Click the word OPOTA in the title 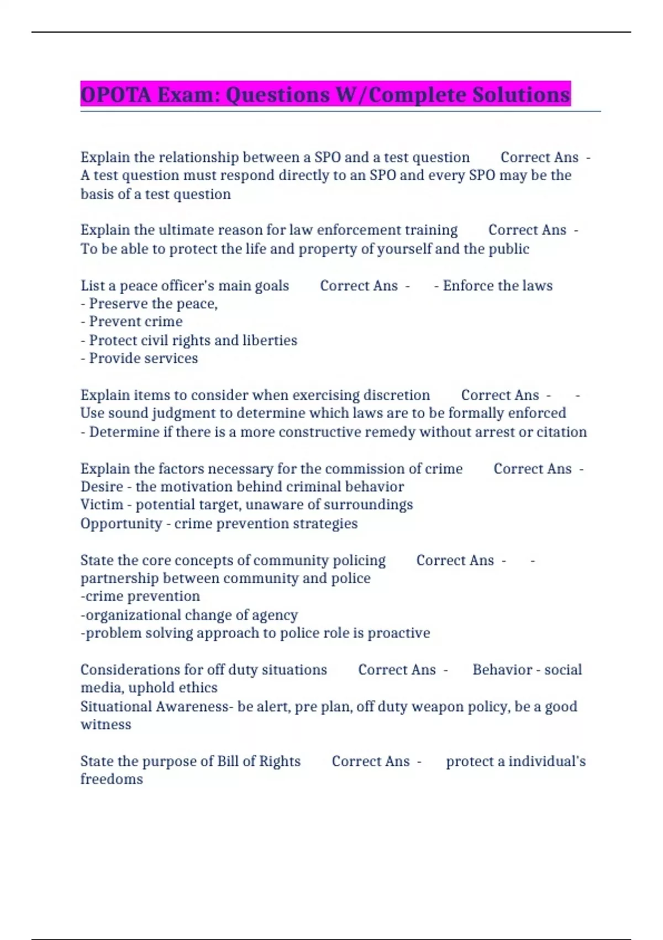pyautogui.click(x=115, y=95)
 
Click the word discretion pyautogui.click(x=396, y=395)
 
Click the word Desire pyautogui.click(x=102, y=487)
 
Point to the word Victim pyautogui.click(x=102, y=505)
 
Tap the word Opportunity pyautogui.click(x=121, y=524)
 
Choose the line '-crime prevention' pyautogui.click(x=140, y=596)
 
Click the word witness pyautogui.click(x=106, y=725)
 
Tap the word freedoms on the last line pyautogui.click(x=112, y=779)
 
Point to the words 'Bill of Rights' pyautogui.click(x=259, y=761)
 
